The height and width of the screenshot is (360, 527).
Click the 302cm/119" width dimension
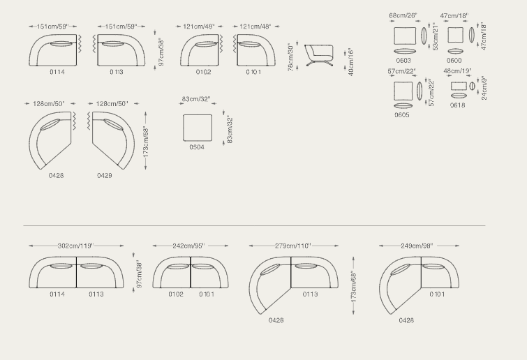click(x=75, y=246)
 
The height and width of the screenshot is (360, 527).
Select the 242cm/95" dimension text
click(x=188, y=246)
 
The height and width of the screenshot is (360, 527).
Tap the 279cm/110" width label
click(x=293, y=246)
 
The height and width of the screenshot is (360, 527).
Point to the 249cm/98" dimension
click(x=417, y=246)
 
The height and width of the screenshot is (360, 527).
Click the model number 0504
click(x=197, y=147)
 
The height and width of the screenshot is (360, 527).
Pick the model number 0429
click(x=105, y=175)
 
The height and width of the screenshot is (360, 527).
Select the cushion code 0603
click(x=403, y=61)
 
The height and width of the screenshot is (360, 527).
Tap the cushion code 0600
click(x=454, y=61)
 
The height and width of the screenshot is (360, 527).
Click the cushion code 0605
click(x=402, y=115)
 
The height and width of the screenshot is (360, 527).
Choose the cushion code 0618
click(x=458, y=105)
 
